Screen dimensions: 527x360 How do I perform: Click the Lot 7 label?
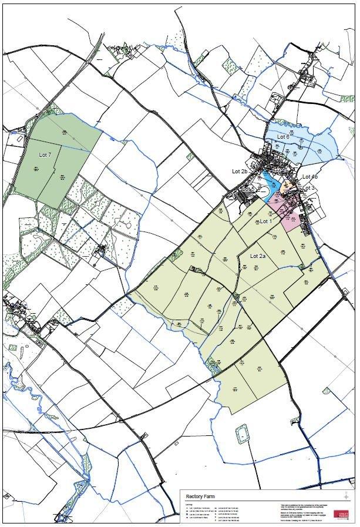[45, 155]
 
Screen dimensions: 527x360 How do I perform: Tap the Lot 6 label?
[283, 137]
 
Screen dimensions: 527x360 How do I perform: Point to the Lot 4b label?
[309, 177]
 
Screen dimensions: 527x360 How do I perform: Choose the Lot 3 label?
[309, 188]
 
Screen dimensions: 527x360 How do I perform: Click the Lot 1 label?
[265, 221]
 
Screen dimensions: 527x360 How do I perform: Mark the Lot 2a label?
[258, 256]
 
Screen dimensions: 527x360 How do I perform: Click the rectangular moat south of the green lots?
[241, 435]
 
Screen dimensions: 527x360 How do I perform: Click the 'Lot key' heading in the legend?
[189, 503]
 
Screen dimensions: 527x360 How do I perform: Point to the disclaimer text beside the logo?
[301, 510]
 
